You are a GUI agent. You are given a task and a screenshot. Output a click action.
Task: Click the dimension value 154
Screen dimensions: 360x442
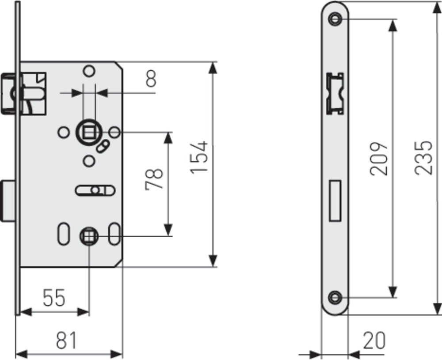point(201,157)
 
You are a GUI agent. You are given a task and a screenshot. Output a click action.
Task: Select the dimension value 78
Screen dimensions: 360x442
point(156,178)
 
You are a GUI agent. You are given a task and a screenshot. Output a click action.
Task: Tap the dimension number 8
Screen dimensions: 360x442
point(151,80)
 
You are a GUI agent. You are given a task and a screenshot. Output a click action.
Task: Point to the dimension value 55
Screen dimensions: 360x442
point(54,298)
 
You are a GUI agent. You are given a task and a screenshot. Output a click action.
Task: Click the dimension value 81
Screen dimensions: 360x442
point(67,341)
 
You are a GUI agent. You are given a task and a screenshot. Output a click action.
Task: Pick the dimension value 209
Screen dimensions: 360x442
point(379,159)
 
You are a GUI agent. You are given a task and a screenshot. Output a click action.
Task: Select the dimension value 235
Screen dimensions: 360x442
point(423,158)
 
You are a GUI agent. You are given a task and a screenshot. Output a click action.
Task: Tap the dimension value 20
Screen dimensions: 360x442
point(374,341)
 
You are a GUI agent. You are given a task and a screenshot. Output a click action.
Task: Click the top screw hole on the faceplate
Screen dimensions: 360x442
point(335,19)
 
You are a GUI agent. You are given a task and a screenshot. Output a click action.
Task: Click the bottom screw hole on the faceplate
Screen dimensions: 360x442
point(335,297)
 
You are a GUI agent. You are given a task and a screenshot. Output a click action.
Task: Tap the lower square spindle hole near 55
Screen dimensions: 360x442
point(88,237)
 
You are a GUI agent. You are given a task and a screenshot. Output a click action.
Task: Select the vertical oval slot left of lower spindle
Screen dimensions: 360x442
point(62,235)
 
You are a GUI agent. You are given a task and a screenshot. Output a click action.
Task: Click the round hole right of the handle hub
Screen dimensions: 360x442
point(115,132)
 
